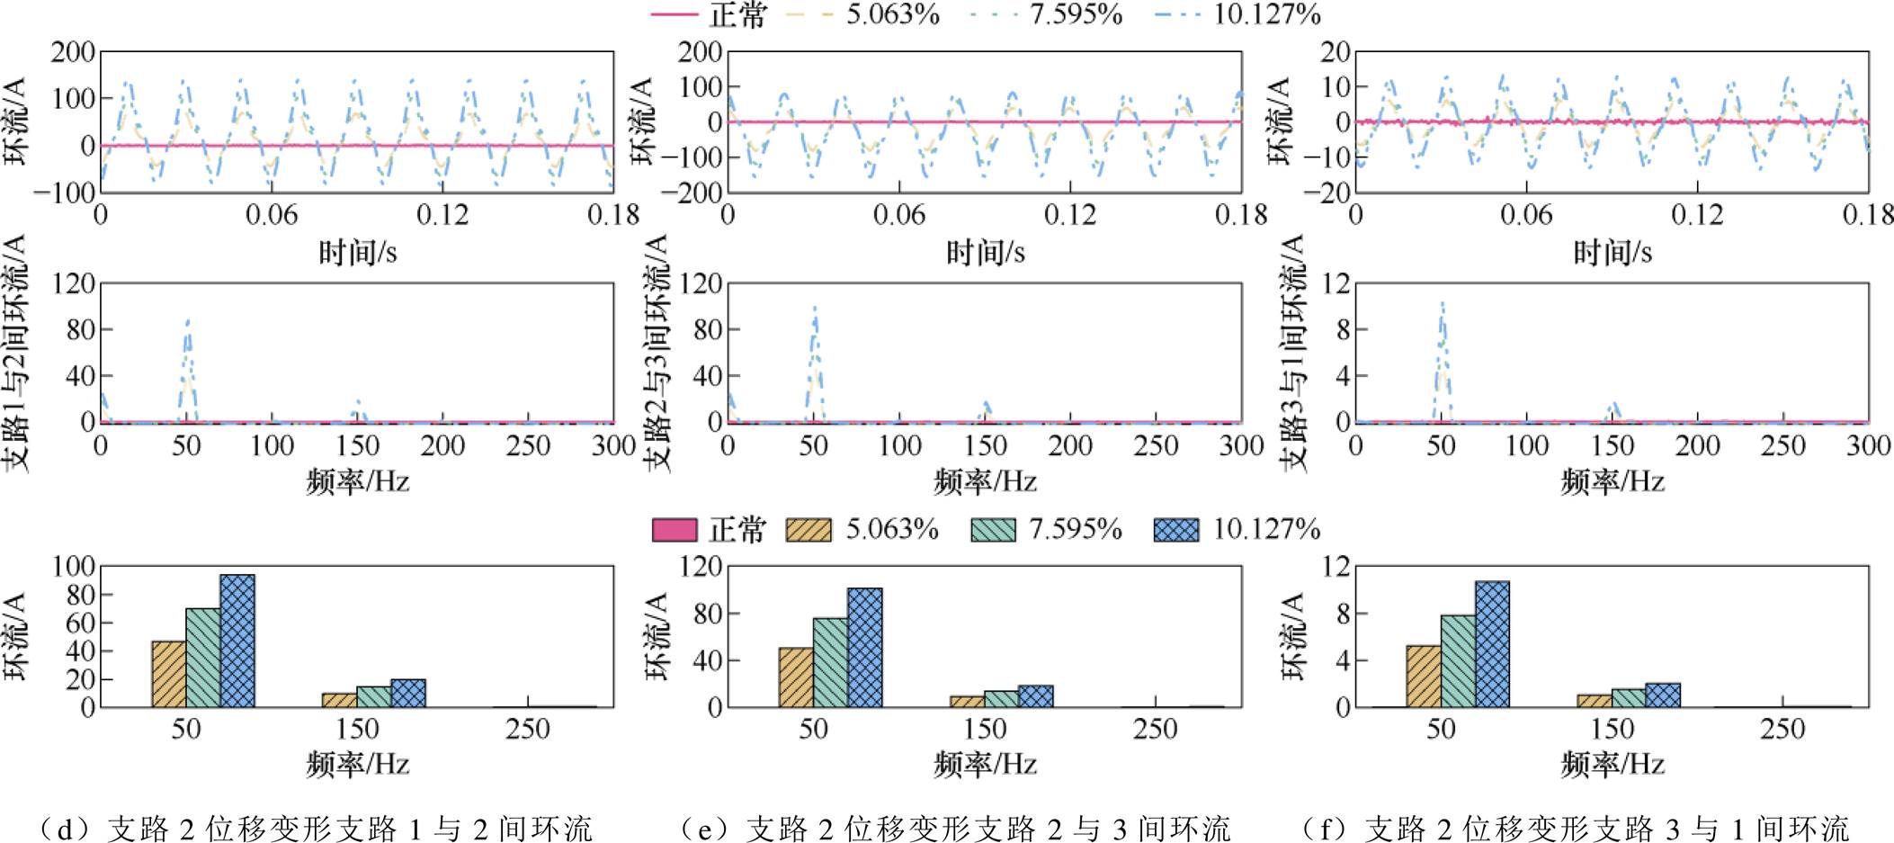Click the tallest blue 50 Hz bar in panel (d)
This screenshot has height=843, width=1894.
[x=237, y=641]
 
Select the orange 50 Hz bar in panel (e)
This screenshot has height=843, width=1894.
[x=796, y=677]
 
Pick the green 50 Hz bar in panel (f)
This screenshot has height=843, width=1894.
[x=1458, y=661]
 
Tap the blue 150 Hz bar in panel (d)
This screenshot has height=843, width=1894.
[x=408, y=693]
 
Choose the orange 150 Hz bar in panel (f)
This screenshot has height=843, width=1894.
[x=1595, y=701]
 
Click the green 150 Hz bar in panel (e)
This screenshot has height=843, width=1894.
[x=1001, y=699]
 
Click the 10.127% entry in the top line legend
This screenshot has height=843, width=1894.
[x=1266, y=14]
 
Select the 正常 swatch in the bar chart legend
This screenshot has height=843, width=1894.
[x=675, y=530]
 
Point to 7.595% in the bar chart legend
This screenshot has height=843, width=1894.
[x=1076, y=529]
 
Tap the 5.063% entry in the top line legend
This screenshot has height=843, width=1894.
[x=892, y=14]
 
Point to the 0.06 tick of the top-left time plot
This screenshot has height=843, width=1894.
[x=272, y=215]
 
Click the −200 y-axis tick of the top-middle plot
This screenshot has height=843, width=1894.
[x=692, y=192]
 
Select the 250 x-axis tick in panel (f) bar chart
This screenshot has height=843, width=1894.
[x=1782, y=729]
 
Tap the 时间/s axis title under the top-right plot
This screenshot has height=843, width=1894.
[x=1612, y=253]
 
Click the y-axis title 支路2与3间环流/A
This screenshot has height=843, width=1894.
[x=659, y=353]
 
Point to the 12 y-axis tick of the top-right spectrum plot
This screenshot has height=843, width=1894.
[x=1336, y=284]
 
